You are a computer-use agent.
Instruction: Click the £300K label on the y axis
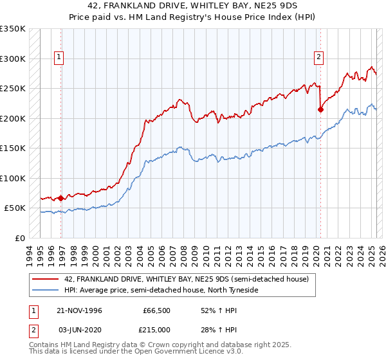13,59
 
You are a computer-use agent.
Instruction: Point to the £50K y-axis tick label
15,208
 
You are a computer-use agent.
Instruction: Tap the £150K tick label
13,148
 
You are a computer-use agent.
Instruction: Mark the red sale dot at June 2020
320,109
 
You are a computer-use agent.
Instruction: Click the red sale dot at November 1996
61,198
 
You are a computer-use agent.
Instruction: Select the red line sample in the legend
46,279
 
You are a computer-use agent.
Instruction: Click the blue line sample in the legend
46,290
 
